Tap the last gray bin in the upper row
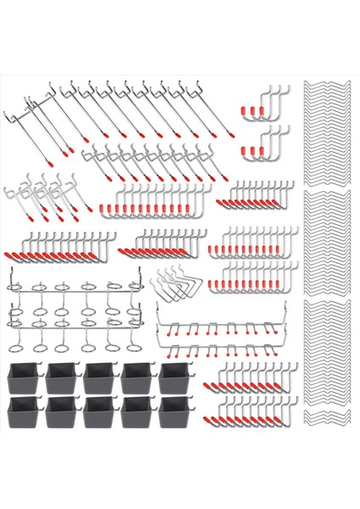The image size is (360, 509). [175, 380]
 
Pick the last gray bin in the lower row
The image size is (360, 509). [175, 413]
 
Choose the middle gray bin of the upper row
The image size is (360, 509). [100, 380]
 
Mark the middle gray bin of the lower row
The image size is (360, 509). [100, 413]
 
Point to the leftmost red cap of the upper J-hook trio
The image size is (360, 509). [247, 111]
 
